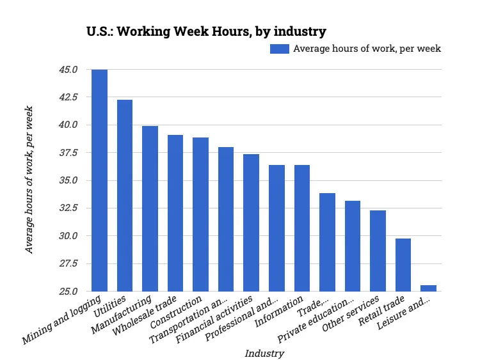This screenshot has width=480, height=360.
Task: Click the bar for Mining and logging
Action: click(99, 180)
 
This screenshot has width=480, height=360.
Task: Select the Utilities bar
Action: click(124, 195)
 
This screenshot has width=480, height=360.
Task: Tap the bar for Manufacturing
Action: click(150, 208)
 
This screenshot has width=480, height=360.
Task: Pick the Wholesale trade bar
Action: click(175, 213)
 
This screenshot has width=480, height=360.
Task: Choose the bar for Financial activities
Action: click(251, 223)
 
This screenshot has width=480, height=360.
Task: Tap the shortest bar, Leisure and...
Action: click(428, 288)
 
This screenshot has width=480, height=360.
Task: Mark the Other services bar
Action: click(378, 251)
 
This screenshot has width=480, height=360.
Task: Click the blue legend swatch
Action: click(280, 49)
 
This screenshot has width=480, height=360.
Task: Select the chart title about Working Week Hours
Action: click(206, 31)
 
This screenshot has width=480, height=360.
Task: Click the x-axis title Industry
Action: click(264, 353)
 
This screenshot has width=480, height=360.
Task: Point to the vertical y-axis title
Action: click(29, 180)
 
